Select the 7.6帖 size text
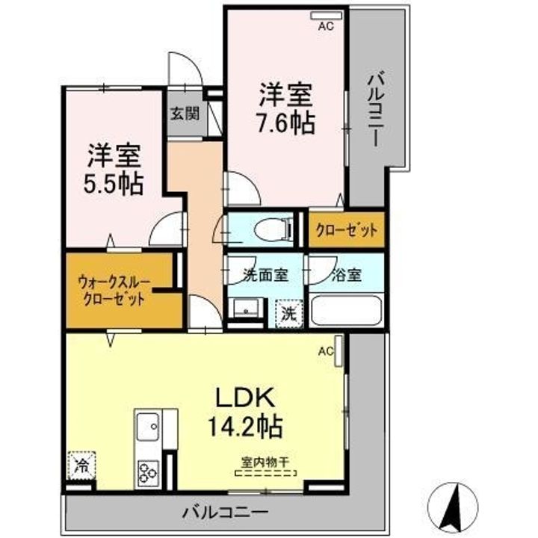[286, 122]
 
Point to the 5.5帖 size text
[114, 183]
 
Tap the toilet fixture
[263, 230]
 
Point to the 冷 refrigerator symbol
[79, 466]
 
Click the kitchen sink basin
[147, 427]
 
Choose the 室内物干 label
[267, 461]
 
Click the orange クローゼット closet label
[347, 231]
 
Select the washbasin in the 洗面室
[244, 309]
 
